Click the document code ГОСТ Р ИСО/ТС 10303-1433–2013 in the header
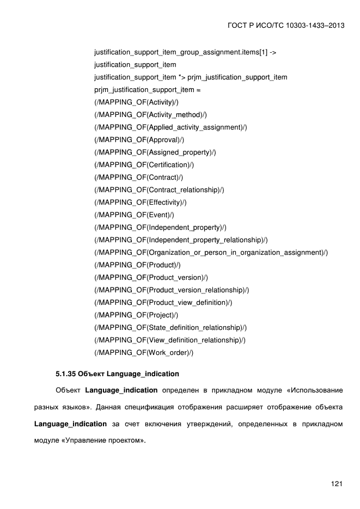(287, 26)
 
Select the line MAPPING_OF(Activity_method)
(150, 115)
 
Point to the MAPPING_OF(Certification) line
(144, 165)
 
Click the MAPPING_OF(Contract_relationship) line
(159, 190)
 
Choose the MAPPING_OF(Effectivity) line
(141, 203)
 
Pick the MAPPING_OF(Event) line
(134, 215)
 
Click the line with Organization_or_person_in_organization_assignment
(211, 253)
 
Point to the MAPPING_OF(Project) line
(136, 315)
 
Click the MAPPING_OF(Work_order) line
(144, 353)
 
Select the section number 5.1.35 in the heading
(65, 374)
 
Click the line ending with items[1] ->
(185, 52)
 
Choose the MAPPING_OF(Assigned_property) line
(155, 152)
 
